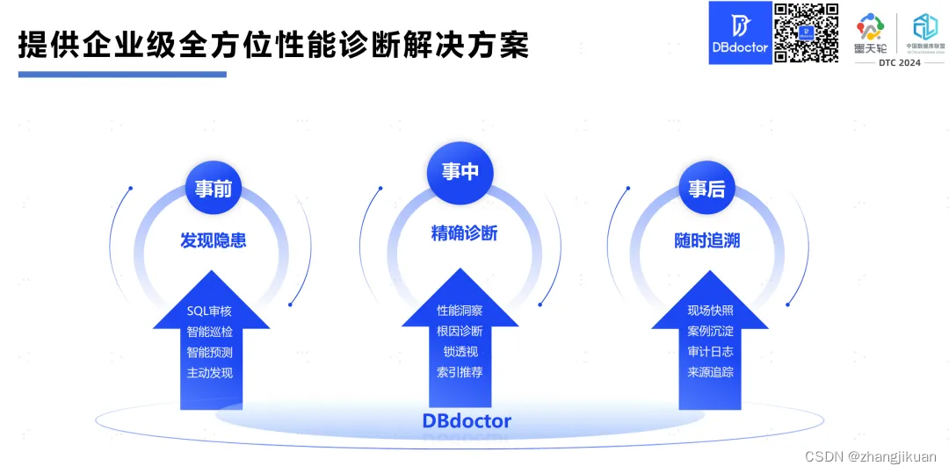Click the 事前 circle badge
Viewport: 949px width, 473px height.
pos(213,188)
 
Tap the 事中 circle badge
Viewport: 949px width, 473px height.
pos(460,170)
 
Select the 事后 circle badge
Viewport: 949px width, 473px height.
pos(706,188)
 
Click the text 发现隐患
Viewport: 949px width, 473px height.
pos(213,240)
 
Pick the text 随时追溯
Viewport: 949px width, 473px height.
pos(707,240)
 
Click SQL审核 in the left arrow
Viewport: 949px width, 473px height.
pos(210,311)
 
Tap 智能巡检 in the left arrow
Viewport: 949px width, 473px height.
pos(210,332)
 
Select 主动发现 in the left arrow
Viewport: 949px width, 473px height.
pos(210,372)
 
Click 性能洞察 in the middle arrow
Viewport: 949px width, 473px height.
pos(460,311)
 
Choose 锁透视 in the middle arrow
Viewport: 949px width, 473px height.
pos(460,351)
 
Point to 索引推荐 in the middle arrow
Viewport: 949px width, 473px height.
pos(460,372)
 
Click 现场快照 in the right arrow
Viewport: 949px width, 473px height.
pos(710,311)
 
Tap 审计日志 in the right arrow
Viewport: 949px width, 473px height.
pos(710,351)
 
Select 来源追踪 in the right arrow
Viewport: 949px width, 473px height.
pos(710,372)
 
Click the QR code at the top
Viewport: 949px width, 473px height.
pos(806,32)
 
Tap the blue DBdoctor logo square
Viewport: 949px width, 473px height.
pos(740,33)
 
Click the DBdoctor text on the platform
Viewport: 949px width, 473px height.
pos(467,420)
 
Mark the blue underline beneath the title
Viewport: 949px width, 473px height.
pos(122,74)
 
